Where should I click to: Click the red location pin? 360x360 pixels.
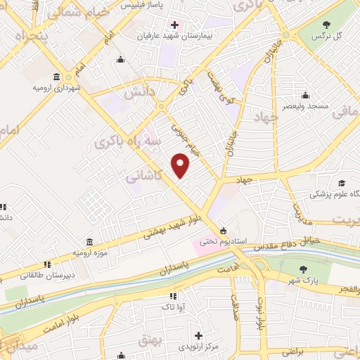click(181, 165)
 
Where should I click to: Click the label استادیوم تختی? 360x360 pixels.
click(223, 240)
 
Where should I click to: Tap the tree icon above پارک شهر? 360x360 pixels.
click(303, 270)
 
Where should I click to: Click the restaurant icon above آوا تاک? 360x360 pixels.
click(172, 296)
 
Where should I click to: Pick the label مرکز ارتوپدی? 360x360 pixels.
click(200, 347)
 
